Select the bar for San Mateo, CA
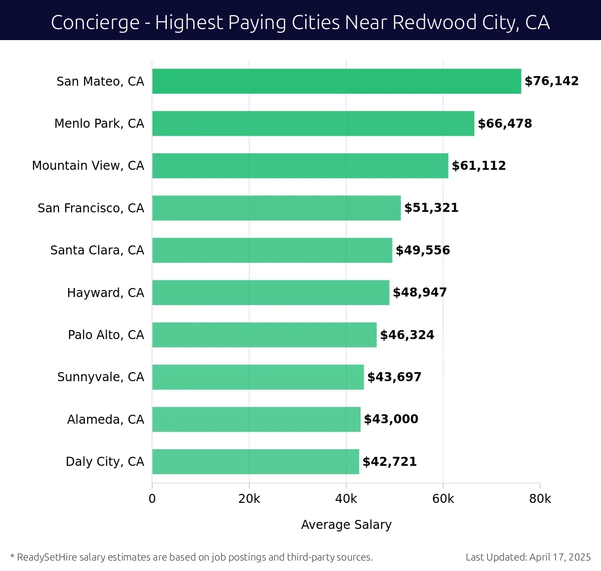(337, 81)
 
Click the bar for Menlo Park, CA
(313, 123)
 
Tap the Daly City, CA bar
(255, 461)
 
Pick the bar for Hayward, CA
(270, 293)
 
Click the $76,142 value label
(551, 81)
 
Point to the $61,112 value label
(479, 166)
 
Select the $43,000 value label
(391, 419)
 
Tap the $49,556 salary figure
(423, 250)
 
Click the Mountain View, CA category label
(88, 166)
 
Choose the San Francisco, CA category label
(91, 208)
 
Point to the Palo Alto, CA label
(106, 335)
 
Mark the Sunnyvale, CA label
(101, 377)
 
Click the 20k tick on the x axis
(249, 499)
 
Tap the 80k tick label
(540, 499)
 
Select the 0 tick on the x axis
(152, 499)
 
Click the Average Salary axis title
(346, 524)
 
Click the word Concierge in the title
(95, 23)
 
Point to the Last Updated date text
(528, 557)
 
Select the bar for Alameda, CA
(256, 419)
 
